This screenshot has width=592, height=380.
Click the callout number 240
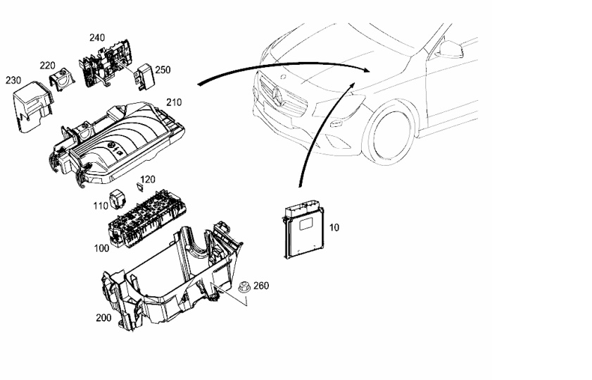pos(97,37)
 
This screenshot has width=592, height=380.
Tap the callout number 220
pos(48,66)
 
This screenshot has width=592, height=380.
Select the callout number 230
pos(13,80)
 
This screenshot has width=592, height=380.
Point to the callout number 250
pos(163,70)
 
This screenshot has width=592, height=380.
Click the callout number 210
pos(174,102)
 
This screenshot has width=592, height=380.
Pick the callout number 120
pos(148,179)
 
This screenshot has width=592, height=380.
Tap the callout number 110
pos(101,206)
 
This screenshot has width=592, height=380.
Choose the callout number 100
pos(101,248)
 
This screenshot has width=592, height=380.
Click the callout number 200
pos(103,318)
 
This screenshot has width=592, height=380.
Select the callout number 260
pos(261,286)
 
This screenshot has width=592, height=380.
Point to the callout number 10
pos(334,227)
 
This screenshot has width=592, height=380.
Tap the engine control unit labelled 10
pos(303,231)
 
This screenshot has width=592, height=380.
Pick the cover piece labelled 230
pos(32,106)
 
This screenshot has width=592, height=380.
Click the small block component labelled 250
pos(144,76)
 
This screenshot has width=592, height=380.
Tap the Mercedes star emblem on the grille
pos(277,97)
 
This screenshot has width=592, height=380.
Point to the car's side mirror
pos(451,49)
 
